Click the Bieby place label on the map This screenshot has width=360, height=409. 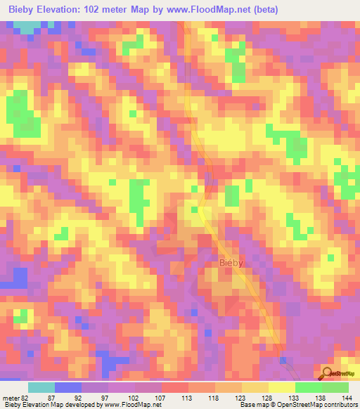[x=231, y=263]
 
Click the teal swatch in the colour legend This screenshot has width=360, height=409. [x=41, y=387]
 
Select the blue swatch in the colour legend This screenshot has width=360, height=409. [x=68, y=387]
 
